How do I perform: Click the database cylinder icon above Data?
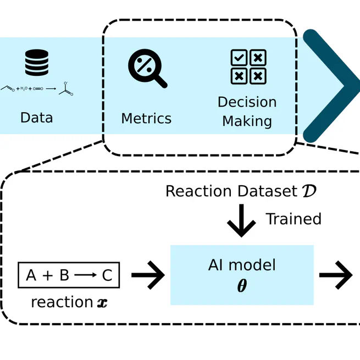click(37, 62)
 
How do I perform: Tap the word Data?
click(37, 118)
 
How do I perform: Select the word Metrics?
click(146, 118)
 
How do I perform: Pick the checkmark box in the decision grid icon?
click(239, 58)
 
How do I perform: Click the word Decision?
click(247, 102)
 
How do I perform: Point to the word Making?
click(247, 120)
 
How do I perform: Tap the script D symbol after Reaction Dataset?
click(309, 191)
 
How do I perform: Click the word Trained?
click(293, 219)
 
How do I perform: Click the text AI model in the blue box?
click(242, 265)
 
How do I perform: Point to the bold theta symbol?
click(242, 286)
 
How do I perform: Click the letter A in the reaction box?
click(31, 275)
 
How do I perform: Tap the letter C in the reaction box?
click(107, 275)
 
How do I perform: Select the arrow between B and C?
click(86, 275)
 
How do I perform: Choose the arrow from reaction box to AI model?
click(148, 275)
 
